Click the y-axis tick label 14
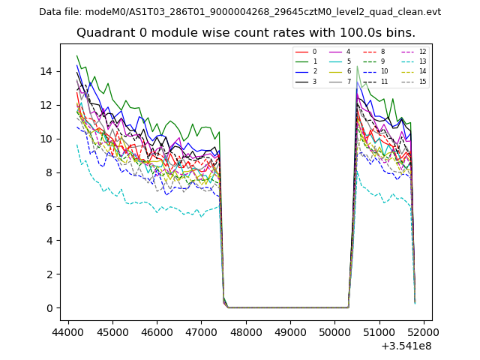pos(47,71)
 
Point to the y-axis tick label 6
pos(49,206)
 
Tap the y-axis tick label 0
pos(49,308)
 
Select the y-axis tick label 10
pos(47,139)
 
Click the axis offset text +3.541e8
pos(406,345)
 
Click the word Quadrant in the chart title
pos(103,33)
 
